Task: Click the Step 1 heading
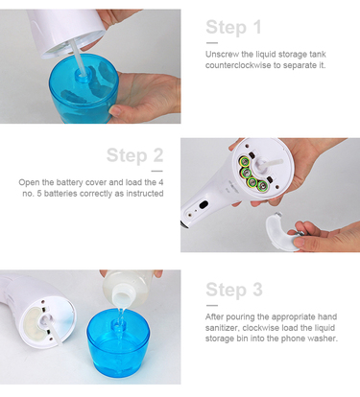(x=233, y=28)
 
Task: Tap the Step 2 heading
(x=134, y=155)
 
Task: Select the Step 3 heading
(x=234, y=290)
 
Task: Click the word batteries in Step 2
(x=60, y=194)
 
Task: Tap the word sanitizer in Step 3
(x=222, y=328)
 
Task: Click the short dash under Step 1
(x=212, y=43)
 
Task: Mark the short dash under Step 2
(x=157, y=172)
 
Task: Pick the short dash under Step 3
(x=212, y=306)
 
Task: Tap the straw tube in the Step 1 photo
(x=79, y=58)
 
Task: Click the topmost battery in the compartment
(x=246, y=161)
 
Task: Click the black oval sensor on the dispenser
(x=204, y=205)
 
